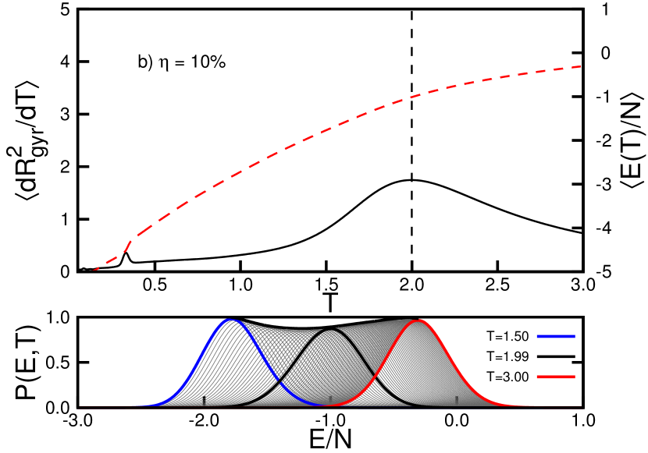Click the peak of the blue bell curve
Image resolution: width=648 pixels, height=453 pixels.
tap(229, 320)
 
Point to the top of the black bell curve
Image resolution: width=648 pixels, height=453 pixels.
tap(331, 329)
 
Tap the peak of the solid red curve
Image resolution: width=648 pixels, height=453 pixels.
tap(420, 320)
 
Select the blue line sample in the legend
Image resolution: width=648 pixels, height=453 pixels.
tap(555, 336)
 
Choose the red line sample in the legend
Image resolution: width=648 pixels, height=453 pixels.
tap(555, 377)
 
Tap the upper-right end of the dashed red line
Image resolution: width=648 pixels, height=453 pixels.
tap(582, 66)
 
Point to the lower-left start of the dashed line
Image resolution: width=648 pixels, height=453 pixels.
tap(93, 271)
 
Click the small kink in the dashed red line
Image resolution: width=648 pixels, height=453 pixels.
tap(128, 243)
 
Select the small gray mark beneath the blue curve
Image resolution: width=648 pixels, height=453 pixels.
tap(205, 401)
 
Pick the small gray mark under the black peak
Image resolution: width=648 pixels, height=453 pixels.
tap(330, 399)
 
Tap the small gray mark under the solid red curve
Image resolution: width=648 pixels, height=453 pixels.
tap(457, 400)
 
